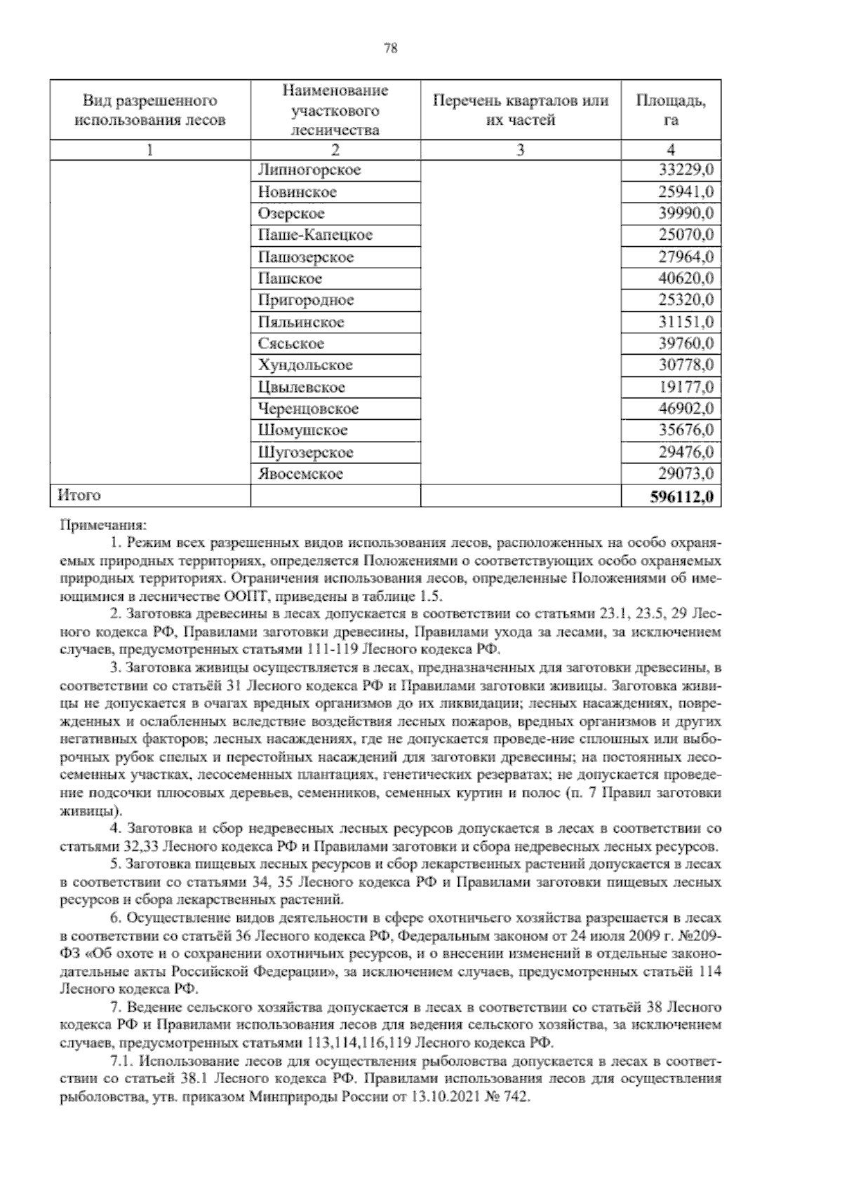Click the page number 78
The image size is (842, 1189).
tap(392, 48)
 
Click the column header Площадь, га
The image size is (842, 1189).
tap(670, 110)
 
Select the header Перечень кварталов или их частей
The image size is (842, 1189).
tap(520, 110)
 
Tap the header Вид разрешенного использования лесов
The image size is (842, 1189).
tap(149, 110)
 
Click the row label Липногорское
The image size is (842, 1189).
tap(309, 170)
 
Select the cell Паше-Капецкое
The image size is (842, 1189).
tap(315, 235)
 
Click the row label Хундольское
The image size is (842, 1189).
tap(305, 365)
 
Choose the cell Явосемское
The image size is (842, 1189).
tap(301, 474)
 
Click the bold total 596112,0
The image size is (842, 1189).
tap(681, 496)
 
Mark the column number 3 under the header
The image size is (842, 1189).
tap(520, 150)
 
